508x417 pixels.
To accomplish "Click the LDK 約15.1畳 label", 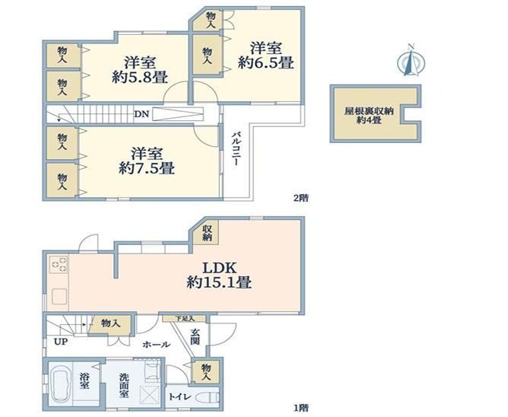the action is tap(219, 275).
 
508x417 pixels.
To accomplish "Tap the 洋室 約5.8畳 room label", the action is tap(140, 70).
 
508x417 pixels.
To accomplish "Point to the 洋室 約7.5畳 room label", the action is tap(147, 161).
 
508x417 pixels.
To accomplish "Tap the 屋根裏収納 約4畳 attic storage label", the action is tap(369, 116).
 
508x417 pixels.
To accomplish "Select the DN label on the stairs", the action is tap(141, 114).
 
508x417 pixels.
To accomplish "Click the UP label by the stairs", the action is tap(61, 342).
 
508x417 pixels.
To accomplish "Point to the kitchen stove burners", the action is tap(59, 264).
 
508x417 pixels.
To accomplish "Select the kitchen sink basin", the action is tap(60, 296).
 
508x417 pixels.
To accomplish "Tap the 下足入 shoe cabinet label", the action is tap(185, 318).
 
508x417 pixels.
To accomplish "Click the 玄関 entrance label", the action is tap(195, 336).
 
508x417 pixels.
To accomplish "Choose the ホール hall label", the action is tap(156, 344).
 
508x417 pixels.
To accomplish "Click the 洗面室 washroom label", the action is tap(124, 386).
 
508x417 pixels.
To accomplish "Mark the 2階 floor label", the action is tap(300, 198).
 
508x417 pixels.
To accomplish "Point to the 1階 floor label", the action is tap(300, 407).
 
